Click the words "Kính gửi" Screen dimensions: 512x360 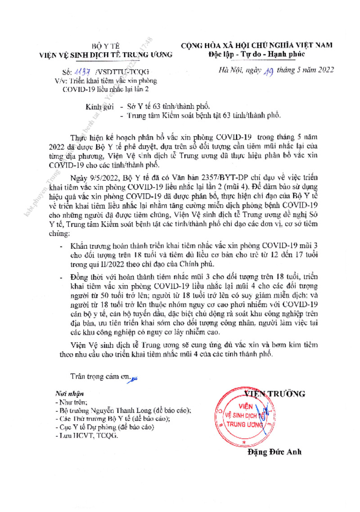point(100,107)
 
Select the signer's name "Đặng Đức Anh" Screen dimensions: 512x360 point(274,452)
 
